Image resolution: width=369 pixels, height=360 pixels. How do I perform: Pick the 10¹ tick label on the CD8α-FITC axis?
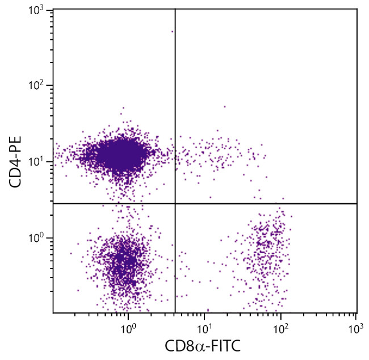pyautogui.click(x=205, y=328)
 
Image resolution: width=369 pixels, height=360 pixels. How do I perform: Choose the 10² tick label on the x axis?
pyautogui.click(x=281, y=328)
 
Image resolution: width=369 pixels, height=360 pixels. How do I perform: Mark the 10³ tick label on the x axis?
pyautogui.click(x=357, y=328)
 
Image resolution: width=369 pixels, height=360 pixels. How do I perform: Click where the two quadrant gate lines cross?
pyautogui.click(x=175, y=203)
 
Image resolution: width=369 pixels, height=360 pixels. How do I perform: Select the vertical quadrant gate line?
pyautogui.click(x=175, y=114)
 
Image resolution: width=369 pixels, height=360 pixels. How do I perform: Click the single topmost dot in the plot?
pyautogui.click(x=172, y=32)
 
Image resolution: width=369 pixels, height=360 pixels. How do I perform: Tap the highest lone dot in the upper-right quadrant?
pyautogui.click(x=224, y=106)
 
